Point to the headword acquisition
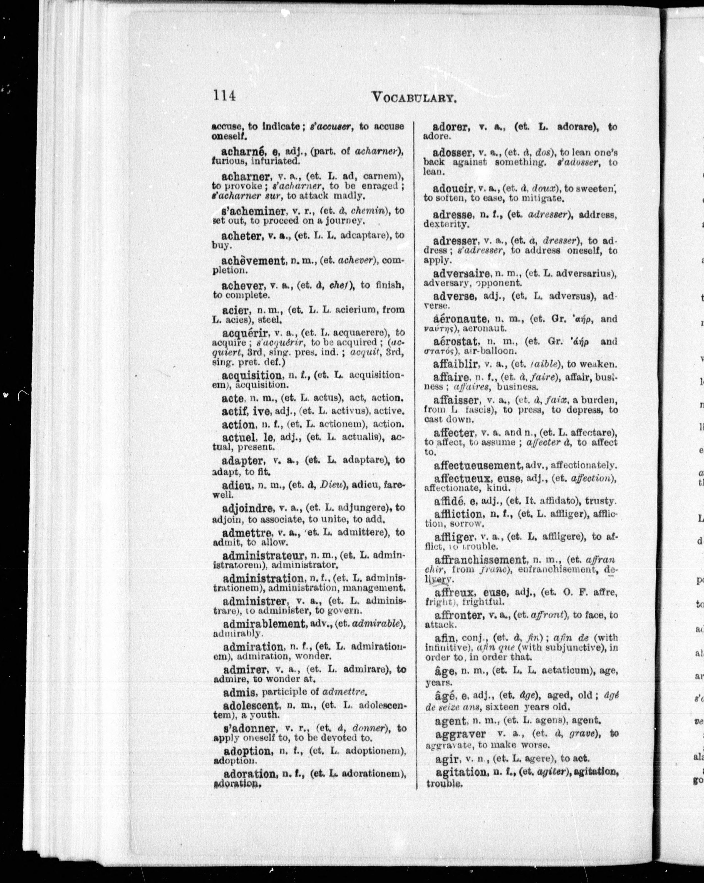point(251,375)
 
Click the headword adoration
point(249,774)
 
